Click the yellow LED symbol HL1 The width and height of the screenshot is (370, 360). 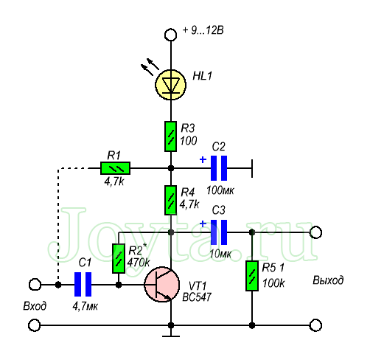tap(170, 85)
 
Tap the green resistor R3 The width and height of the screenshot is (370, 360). tap(170, 136)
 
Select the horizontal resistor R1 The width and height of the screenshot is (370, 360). tap(115, 168)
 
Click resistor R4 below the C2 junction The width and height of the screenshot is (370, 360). tap(170, 201)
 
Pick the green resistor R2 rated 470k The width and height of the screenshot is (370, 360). tap(119, 258)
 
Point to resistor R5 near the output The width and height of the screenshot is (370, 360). tap(252, 276)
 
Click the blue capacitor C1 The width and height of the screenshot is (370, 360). tap(83, 284)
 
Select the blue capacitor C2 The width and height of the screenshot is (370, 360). tap(219, 168)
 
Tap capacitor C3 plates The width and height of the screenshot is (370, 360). tap(219, 232)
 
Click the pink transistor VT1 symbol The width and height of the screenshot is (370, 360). tap(162, 284)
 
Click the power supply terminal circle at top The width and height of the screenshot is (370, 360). tap(170, 35)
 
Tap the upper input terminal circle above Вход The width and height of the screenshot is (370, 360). tap(35, 285)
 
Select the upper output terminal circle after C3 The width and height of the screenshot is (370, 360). tap(315, 232)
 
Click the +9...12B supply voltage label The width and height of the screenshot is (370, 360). tap(203, 30)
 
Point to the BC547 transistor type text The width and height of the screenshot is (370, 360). tap(197, 297)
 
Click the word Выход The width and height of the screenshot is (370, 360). tap(328, 280)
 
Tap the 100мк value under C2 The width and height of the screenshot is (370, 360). tap(220, 190)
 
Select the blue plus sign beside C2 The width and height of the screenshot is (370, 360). tap(203, 160)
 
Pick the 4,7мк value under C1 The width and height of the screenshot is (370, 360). tap(85, 306)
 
